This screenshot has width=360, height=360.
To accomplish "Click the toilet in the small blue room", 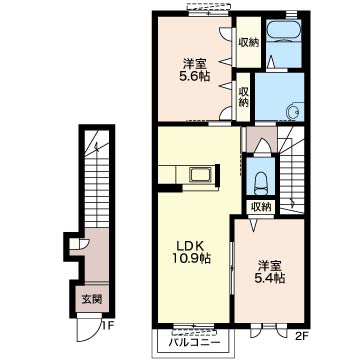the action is click(x=261, y=183).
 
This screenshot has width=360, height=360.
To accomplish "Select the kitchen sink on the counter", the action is click(x=200, y=174).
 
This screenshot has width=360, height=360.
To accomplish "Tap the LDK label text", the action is click(x=190, y=246).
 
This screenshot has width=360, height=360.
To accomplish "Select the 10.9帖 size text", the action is click(x=191, y=259).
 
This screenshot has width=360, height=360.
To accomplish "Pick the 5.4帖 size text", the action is click(x=270, y=278).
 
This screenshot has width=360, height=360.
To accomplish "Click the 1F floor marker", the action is click(x=107, y=325).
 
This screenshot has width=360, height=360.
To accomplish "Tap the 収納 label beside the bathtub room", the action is click(x=249, y=43).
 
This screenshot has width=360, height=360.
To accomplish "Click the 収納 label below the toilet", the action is click(x=261, y=207).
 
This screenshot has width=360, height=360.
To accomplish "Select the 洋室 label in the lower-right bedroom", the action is click(x=270, y=266).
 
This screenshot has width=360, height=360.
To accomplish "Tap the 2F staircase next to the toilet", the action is click(x=291, y=169).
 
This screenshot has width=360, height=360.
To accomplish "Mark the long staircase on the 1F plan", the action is click(x=97, y=179).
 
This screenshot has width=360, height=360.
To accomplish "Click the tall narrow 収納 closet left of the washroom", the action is click(x=243, y=97).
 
